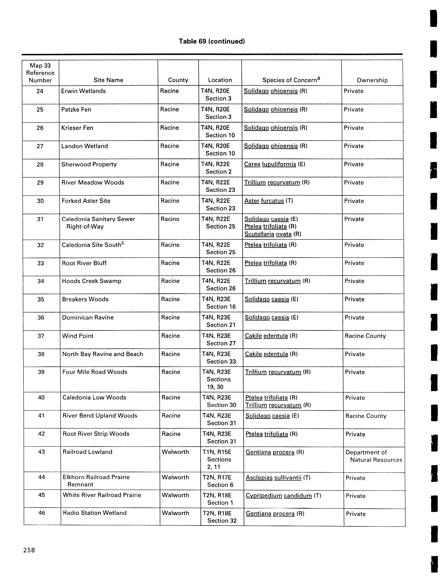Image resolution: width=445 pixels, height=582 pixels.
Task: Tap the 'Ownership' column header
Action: click(372, 80)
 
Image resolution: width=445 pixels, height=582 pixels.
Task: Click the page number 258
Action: click(29, 550)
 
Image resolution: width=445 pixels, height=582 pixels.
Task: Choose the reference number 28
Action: click(40, 165)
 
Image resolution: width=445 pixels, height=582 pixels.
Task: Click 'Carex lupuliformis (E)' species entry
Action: click(274, 164)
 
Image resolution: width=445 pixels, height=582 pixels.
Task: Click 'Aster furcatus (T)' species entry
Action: click(269, 201)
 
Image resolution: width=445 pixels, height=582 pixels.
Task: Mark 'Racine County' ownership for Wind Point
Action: click(365, 336)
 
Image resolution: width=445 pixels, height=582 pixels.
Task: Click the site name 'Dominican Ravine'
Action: click(88, 317)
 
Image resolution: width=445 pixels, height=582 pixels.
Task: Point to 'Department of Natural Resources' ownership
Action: click(373, 456)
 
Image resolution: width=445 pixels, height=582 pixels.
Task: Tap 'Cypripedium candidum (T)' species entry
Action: click(283, 496)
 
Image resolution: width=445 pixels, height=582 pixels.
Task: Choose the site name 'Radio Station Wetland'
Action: click(95, 513)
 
